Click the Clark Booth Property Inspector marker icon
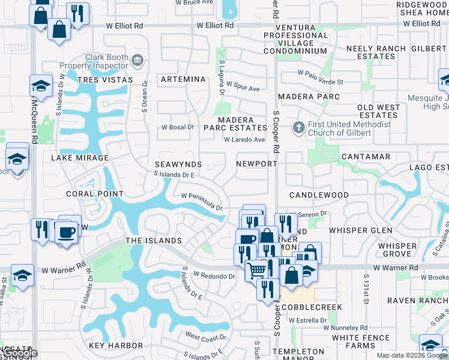tap(137, 59)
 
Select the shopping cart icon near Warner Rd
tap(256, 271)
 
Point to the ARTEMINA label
tap(184, 79)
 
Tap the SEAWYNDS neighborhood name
tap(178, 164)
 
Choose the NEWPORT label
tap(256, 163)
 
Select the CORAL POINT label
tap(95, 194)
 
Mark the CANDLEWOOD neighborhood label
tap(319, 195)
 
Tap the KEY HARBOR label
tap(116, 346)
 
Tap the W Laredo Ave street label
tap(244, 140)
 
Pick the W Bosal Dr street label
tap(178, 127)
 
